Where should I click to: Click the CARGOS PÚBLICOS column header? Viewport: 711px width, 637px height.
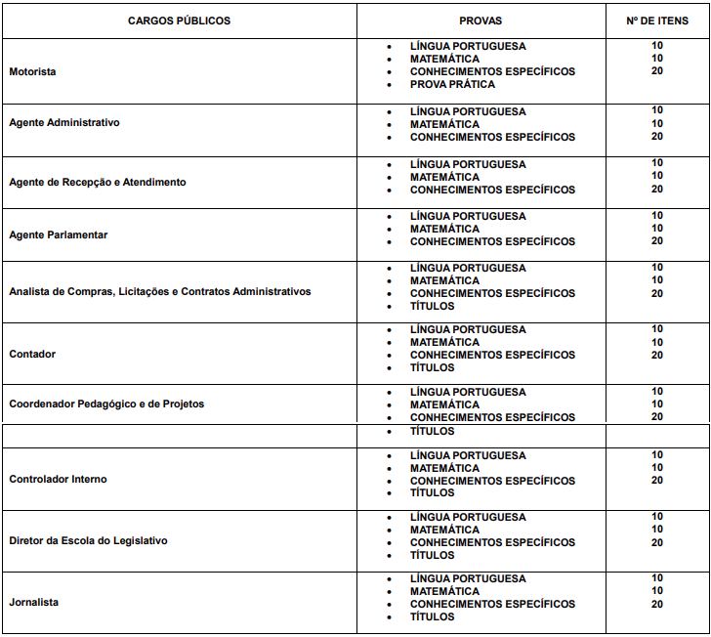tap(179, 21)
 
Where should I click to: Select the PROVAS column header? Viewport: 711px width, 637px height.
tap(481, 21)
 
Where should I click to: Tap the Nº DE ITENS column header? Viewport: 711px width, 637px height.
tap(656, 21)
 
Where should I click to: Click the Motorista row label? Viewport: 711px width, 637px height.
tap(32, 71)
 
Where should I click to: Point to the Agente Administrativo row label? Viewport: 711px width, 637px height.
tap(64, 123)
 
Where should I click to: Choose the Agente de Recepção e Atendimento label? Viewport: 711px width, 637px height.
tap(98, 183)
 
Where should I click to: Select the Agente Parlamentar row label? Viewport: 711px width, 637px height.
tap(59, 234)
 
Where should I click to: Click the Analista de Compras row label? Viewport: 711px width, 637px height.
tap(160, 291)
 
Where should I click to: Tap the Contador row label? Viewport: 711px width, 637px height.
tap(32, 354)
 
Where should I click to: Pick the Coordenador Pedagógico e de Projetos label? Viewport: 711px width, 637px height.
tap(106, 403)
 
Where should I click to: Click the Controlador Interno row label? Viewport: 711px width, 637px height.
tap(59, 479)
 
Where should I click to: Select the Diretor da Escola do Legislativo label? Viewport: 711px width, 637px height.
tap(89, 540)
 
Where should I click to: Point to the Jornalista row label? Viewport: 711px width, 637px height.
tap(34, 602)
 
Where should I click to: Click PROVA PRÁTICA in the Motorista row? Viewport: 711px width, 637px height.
tap(452, 84)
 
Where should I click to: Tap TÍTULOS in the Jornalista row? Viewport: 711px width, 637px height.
tap(432, 616)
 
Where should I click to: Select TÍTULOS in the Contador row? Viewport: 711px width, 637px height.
tap(432, 367)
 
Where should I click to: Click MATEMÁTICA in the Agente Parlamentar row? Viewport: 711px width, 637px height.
tap(444, 229)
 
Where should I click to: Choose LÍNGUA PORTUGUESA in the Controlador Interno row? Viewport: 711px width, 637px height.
tap(468, 455)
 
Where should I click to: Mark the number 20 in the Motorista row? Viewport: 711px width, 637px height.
tap(657, 71)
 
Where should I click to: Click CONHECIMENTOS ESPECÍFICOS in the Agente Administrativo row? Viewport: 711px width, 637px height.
tap(492, 137)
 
